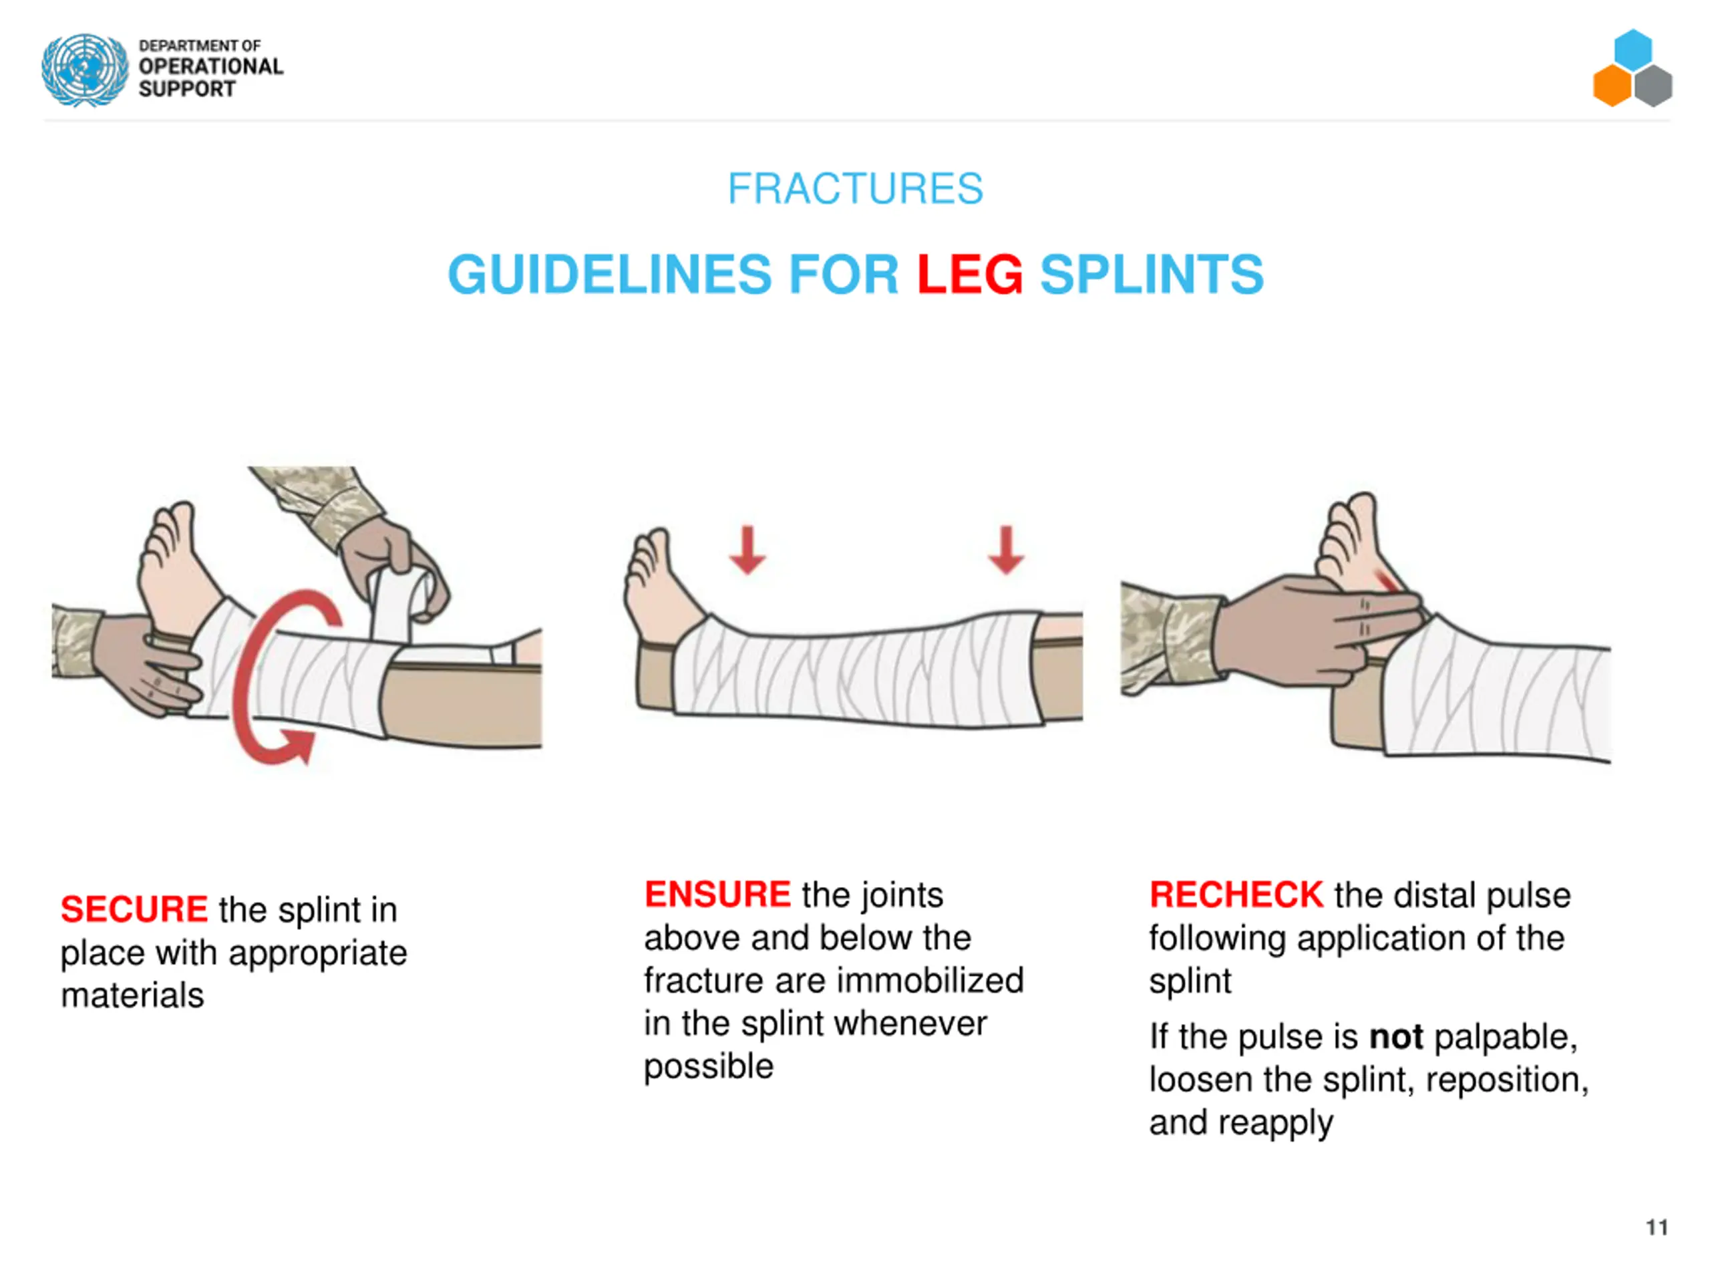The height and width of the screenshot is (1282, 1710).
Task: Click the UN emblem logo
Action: [x=85, y=69]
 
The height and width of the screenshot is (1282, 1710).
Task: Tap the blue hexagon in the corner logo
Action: [x=1633, y=49]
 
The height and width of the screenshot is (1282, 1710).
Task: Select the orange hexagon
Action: [x=1612, y=86]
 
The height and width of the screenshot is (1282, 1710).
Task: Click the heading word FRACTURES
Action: [x=855, y=188]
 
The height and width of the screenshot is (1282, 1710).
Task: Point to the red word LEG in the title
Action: [x=969, y=275]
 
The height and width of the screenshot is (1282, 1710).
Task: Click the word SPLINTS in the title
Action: [x=1152, y=275]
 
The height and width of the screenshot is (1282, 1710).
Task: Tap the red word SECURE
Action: [x=134, y=909]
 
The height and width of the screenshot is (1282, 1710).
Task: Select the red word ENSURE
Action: [x=717, y=895]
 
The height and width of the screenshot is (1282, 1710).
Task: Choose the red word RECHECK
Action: [x=1236, y=895]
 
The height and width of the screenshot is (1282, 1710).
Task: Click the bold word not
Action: [x=1396, y=1037]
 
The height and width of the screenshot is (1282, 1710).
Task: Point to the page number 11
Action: [x=1657, y=1227]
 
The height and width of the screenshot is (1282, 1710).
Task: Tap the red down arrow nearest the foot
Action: [x=747, y=550]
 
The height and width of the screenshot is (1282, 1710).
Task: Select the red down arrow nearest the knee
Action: [x=1006, y=550]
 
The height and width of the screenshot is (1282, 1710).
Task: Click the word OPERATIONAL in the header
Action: [x=211, y=67]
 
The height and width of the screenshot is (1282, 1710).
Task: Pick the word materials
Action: [x=133, y=996]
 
